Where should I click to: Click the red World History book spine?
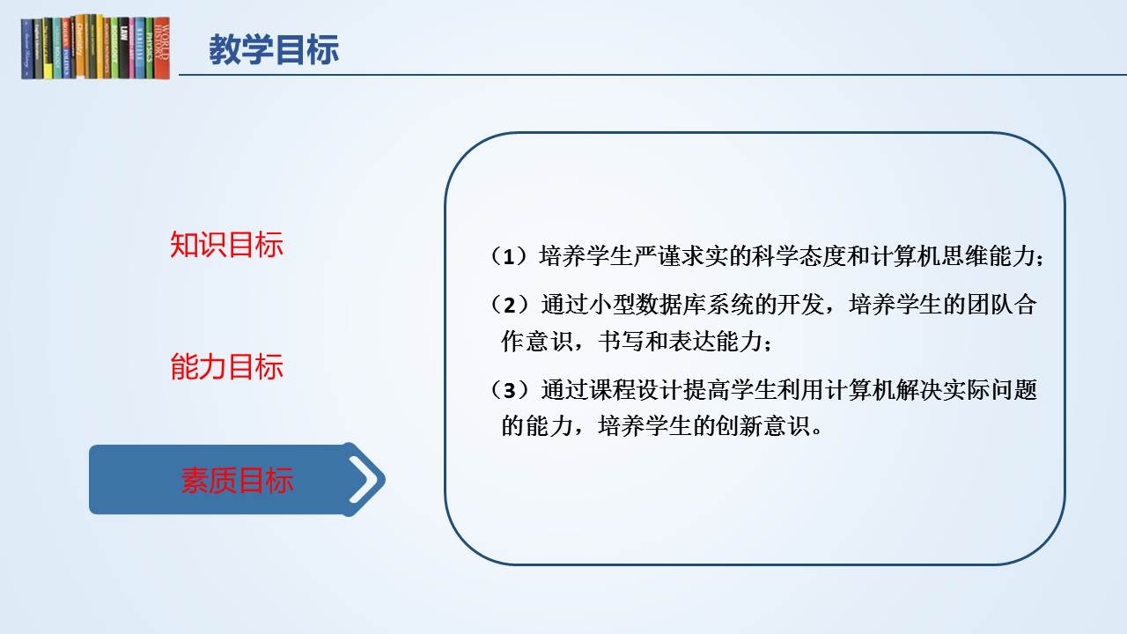(x=161, y=48)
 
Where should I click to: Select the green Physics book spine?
(x=150, y=48)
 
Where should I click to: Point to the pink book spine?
(x=132, y=48)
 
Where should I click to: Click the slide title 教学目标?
(x=274, y=49)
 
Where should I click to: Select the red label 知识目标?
(x=226, y=245)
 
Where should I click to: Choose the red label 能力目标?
(x=226, y=366)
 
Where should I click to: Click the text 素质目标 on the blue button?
(x=237, y=480)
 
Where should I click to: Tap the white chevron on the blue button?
(x=364, y=480)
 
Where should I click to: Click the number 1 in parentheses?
(x=509, y=256)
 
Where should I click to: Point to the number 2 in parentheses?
(x=510, y=305)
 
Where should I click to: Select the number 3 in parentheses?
(x=510, y=390)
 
